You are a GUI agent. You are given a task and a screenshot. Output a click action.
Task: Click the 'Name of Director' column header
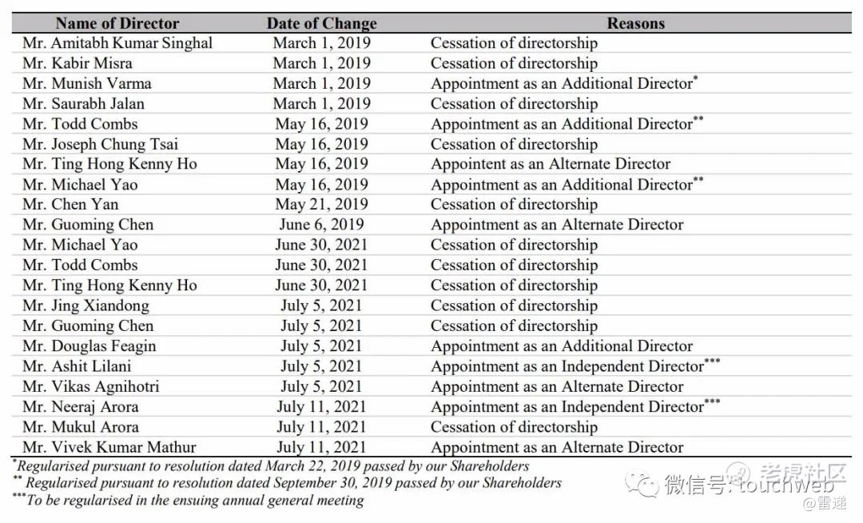pyautogui.click(x=117, y=23)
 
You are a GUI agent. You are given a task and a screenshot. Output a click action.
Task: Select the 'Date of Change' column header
pyautogui.click(x=321, y=23)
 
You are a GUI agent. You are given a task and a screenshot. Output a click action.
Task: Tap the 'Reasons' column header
pyautogui.click(x=635, y=23)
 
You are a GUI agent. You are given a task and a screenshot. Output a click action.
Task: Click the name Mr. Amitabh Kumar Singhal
pyautogui.click(x=117, y=43)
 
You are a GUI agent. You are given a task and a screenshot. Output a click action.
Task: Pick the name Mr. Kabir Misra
pyautogui.click(x=78, y=63)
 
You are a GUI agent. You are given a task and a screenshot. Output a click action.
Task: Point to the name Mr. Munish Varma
pyautogui.click(x=87, y=83)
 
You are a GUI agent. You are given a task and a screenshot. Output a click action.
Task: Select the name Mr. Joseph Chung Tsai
pyautogui.click(x=101, y=144)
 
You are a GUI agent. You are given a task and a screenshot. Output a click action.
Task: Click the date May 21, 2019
pyautogui.click(x=321, y=204)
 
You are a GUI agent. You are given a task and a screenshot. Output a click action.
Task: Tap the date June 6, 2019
pyautogui.click(x=321, y=225)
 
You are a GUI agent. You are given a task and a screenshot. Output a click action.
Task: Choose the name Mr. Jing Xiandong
pyautogui.click(x=86, y=305)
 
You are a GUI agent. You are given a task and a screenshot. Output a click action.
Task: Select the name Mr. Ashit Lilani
pyautogui.click(x=77, y=366)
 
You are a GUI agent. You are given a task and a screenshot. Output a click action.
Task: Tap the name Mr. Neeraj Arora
pyautogui.click(x=80, y=406)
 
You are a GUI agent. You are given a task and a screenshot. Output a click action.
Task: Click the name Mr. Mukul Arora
pyautogui.click(x=81, y=427)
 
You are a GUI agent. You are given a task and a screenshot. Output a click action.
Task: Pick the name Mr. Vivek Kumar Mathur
pyautogui.click(x=109, y=447)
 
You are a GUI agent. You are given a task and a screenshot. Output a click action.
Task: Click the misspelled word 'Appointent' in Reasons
pyautogui.click(x=469, y=164)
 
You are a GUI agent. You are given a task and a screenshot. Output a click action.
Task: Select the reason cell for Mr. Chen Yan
pyautogui.click(x=514, y=204)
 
